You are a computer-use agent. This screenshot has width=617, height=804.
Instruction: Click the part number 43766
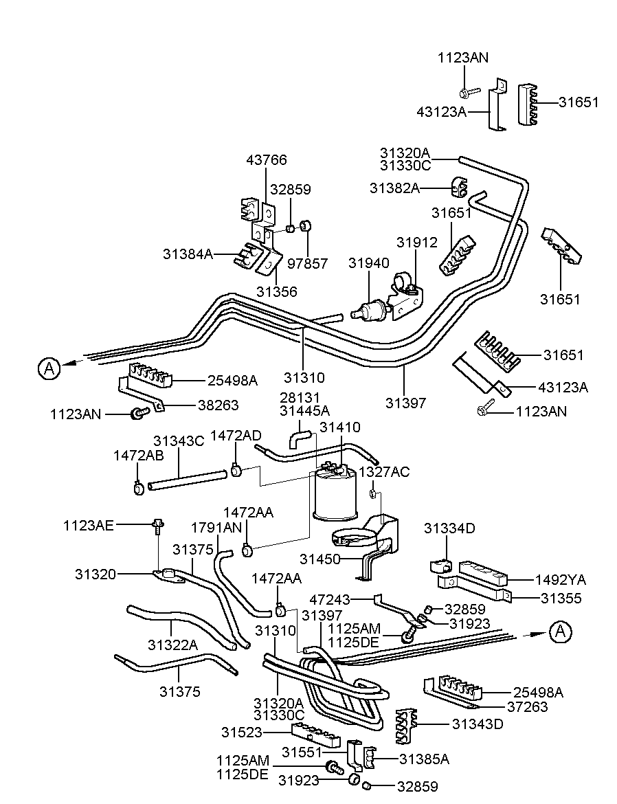click(267, 160)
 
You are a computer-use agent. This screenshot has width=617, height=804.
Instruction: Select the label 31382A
click(394, 188)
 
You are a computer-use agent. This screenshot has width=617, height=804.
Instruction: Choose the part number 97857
click(307, 263)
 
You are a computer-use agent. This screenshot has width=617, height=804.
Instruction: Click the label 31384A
click(187, 254)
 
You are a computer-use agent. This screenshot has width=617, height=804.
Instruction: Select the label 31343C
click(179, 441)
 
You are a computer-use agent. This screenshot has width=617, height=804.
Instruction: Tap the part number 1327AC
click(384, 472)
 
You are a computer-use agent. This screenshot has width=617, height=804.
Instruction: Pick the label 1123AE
click(87, 526)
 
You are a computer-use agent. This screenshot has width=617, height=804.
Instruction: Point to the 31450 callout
click(320, 559)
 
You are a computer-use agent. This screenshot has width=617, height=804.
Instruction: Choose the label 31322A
click(172, 645)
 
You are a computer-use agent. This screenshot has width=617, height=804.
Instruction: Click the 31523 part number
click(242, 733)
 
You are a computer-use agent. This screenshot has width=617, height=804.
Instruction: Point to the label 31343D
click(478, 724)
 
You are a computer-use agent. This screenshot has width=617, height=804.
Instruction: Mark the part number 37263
click(528, 706)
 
